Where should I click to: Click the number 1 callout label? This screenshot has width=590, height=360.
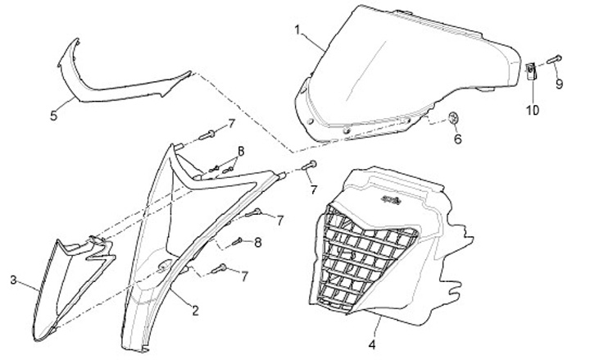click(297, 30)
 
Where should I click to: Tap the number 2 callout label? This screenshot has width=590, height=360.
click(195, 311)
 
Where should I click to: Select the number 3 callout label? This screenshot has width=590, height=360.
click(14, 280)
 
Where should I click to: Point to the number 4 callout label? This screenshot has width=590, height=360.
click(372, 344)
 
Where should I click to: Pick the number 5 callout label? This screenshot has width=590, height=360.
click(54, 116)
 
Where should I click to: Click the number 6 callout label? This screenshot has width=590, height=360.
click(457, 139)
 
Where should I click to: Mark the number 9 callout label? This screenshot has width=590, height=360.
click(559, 84)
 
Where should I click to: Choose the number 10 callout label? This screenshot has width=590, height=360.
click(533, 111)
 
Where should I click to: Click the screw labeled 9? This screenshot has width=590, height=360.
click(554, 60)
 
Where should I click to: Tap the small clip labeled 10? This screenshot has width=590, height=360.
click(530, 71)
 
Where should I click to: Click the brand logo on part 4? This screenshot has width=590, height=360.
click(391, 199)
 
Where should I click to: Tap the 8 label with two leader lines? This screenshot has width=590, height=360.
click(241, 152)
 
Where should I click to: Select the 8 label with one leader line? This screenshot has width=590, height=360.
click(258, 243)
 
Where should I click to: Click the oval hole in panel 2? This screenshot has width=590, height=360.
click(165, 266)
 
